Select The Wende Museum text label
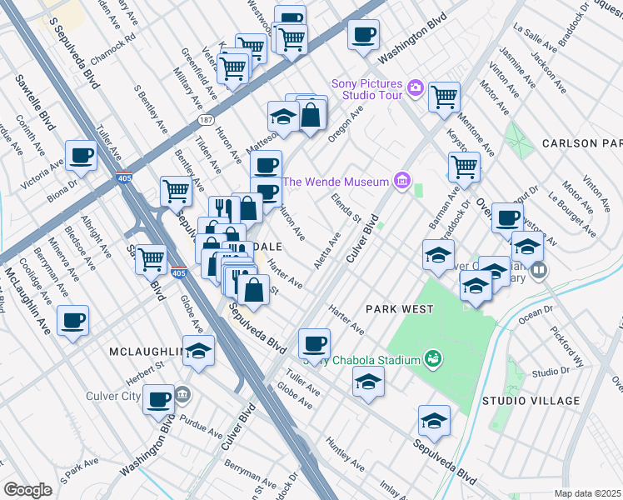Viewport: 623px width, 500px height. (x=336, y=182)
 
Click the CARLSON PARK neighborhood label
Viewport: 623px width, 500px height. (x=581, y=143)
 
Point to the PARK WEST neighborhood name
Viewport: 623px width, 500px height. (x=400, y=309)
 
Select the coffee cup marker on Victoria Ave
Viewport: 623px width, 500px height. (x=81, y=155)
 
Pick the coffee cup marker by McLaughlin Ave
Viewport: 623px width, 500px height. (x=72, y=320)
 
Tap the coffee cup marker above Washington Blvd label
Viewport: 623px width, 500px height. (x=363, y=35)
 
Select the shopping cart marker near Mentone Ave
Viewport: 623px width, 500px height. (x=464, y=166)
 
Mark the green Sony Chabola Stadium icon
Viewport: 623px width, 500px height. (x=432, y=359)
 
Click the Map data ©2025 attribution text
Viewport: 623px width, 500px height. (x=588, y=493)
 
